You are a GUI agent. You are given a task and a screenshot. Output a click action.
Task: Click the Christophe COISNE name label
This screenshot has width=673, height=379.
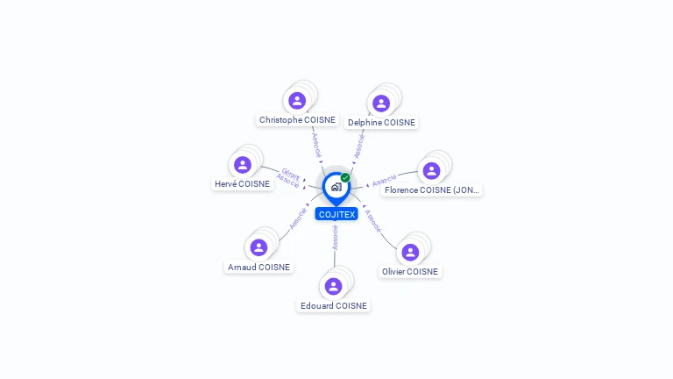coord(297,120)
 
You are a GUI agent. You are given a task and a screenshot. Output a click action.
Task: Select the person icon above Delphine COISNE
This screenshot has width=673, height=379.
coord(381,104)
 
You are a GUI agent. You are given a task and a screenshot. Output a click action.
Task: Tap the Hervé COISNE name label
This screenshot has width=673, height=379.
coord(242,184)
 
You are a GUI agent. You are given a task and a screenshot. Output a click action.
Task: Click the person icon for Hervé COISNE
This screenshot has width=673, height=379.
coord(243,165)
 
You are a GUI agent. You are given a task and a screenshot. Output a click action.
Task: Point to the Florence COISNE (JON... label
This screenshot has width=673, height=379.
coord(431,189)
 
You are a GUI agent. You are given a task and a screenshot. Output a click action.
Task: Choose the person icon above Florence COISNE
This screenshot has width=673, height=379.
coord(431,170)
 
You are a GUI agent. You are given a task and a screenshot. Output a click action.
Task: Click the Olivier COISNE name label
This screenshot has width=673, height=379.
coord(410,272)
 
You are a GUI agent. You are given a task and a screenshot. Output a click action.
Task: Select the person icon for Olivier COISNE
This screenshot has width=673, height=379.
coord(410,253)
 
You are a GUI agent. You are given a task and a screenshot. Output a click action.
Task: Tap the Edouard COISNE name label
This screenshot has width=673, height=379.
coord(334,305)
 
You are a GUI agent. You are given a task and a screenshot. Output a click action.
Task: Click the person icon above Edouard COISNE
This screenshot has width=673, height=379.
coord(334,286)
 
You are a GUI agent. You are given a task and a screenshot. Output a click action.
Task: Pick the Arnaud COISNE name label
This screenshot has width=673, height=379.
coord(259,267)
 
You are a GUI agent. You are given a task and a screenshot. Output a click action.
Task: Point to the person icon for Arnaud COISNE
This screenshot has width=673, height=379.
coord(259,247)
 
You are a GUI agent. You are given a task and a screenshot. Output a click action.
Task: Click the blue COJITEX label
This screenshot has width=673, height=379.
coord(336,214)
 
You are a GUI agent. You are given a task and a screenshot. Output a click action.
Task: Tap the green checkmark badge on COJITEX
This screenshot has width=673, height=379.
coord(345,177)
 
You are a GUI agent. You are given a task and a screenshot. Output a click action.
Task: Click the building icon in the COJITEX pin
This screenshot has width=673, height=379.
coord(336,187)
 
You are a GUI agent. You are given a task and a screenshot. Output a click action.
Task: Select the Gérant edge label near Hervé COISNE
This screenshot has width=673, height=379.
coord(291,174)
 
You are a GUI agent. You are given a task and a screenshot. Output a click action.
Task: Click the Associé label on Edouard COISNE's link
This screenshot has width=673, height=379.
coord(335,238)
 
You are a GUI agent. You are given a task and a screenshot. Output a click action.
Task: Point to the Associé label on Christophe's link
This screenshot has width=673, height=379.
coord(316,145)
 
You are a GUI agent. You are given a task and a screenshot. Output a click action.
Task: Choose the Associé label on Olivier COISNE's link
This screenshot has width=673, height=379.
coord(372,221)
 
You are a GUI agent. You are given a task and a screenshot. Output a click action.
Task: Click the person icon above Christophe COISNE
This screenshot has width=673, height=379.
coord(297,101)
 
